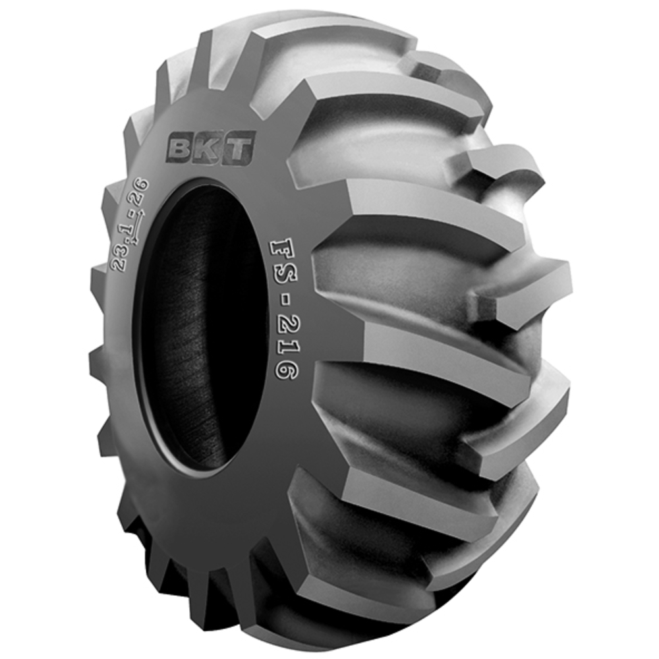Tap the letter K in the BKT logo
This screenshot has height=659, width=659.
(210, 150)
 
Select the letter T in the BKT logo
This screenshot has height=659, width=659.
(239, 150)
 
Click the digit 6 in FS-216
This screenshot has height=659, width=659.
(285, 370)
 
